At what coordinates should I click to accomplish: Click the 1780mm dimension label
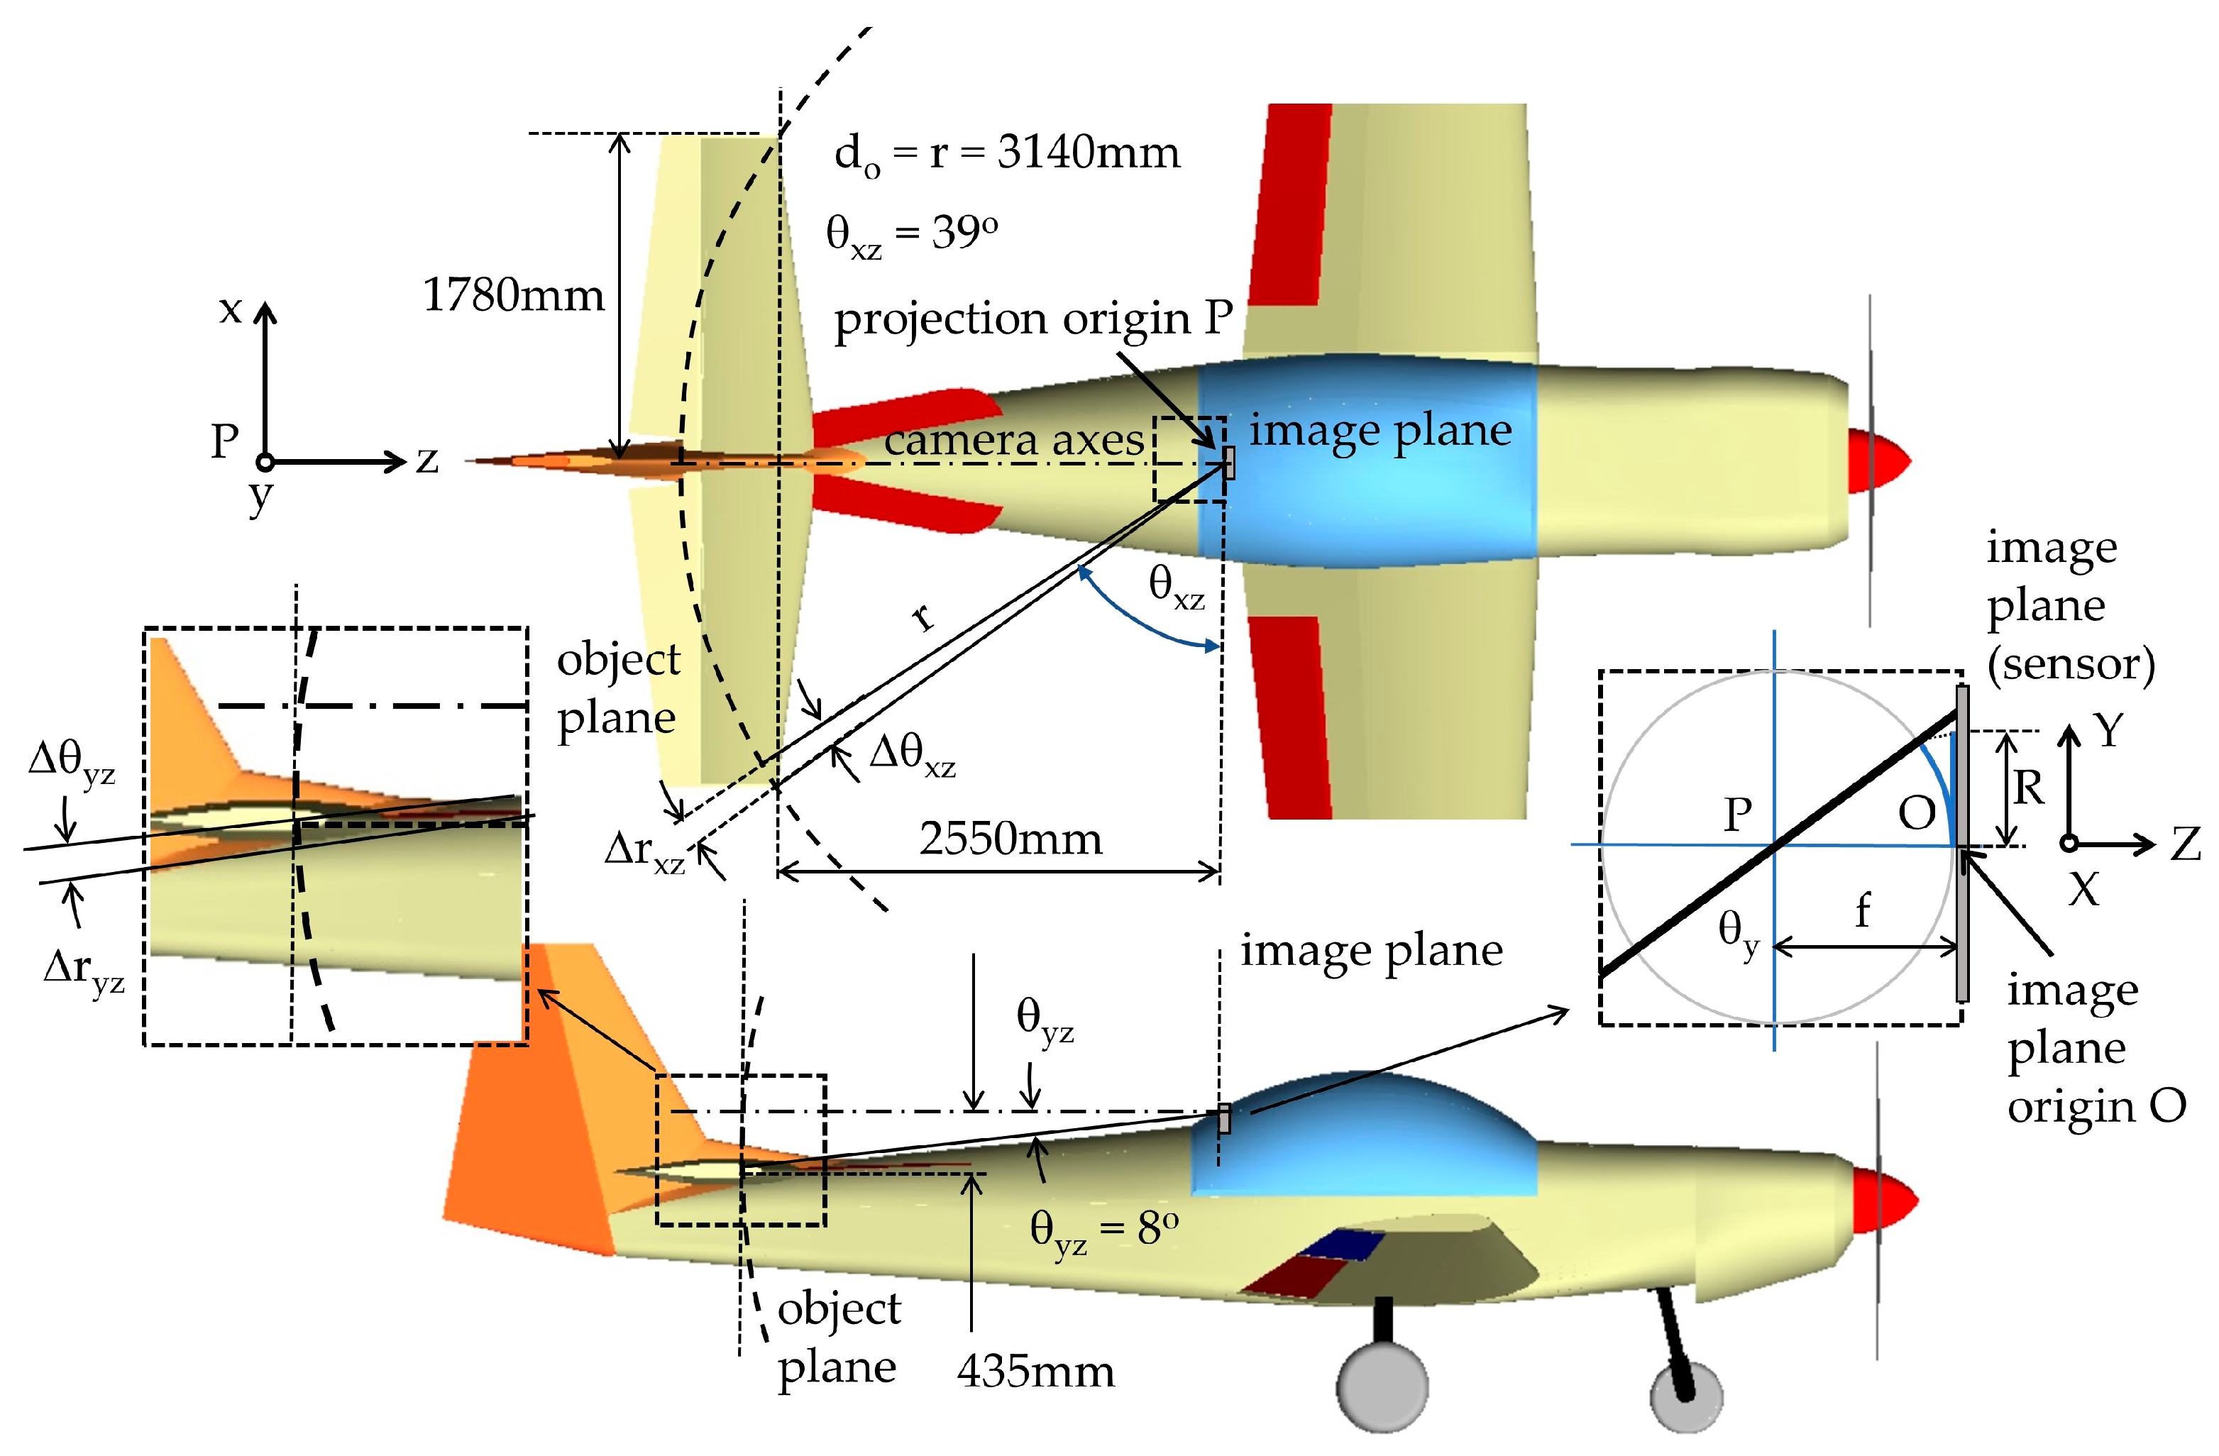tap(514, 295)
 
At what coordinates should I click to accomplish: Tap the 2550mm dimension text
tap(1011, 839)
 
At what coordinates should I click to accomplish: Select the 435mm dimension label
tap(1035, 1371)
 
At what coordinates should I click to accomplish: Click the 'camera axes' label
tap(1013, 440)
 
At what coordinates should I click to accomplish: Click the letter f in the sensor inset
tap(1862, 910)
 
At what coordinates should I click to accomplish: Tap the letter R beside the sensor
tap(2028, 788)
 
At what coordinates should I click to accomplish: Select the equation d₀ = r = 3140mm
tap(1007, 154)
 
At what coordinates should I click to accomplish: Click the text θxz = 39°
tap(911, 233)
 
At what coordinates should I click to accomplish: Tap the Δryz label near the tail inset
tap(84, 971)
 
